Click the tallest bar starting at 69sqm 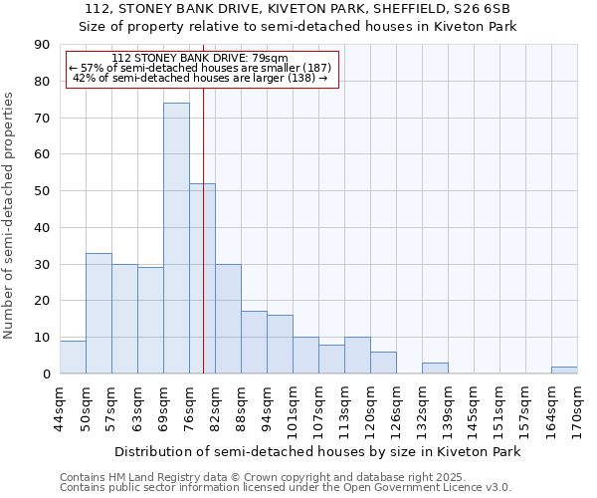[176, 239]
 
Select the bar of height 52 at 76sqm [202, 279]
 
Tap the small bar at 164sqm [564, 371]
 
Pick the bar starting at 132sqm [435, 369]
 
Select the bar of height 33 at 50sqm [99, 314]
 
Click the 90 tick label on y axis [42, 45]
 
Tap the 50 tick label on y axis [42, 191]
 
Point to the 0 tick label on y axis [46, 374]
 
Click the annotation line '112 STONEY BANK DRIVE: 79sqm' [200, 58]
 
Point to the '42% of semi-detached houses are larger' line [200, 78]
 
